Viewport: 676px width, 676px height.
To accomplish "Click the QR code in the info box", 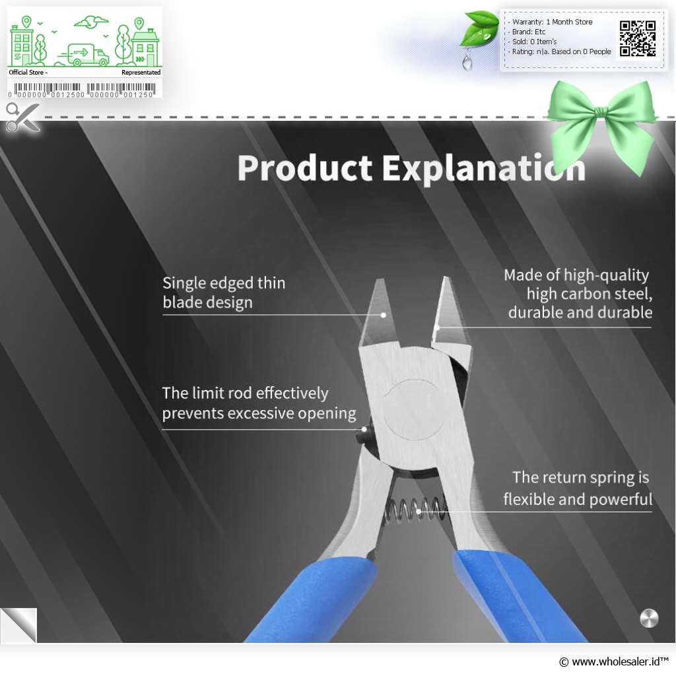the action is coord(638,38).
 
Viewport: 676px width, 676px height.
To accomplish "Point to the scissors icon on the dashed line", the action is coord(22,117).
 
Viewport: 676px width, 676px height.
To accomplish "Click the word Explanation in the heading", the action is coord(483,168).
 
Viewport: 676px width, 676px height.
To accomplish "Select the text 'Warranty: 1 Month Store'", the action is coord(552,22).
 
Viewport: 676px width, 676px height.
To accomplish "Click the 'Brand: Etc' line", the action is coord(529,32).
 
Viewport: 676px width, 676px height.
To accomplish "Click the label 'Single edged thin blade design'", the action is coord(224,292).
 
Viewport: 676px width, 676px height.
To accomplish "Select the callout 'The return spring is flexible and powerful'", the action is coord(578,488).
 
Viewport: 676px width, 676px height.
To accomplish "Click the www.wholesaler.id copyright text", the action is coord(614,661).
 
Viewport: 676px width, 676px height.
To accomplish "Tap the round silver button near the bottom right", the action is coord(649,618).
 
